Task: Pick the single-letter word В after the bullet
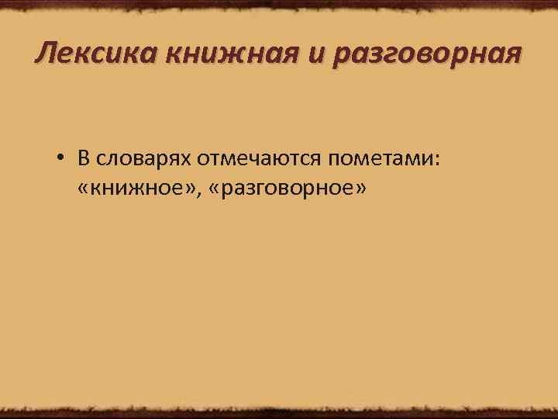pyautogui.click(x=83, y=159)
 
